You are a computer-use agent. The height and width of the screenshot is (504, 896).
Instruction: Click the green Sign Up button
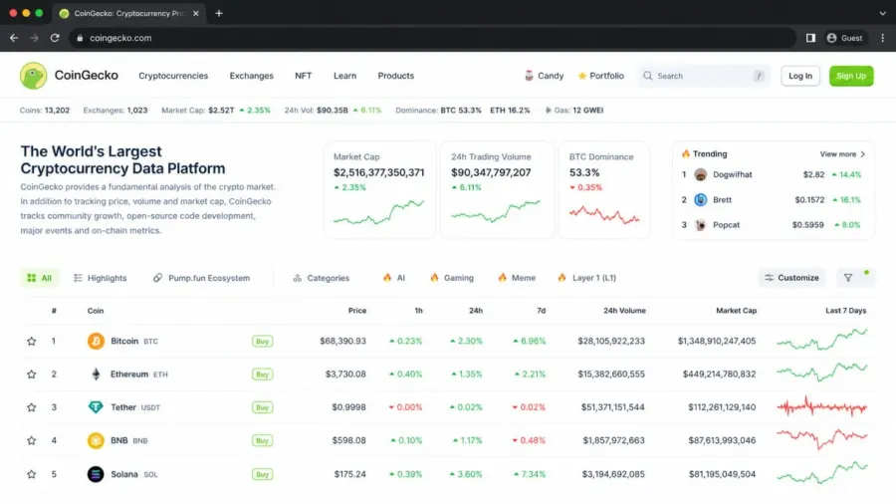point(851,76)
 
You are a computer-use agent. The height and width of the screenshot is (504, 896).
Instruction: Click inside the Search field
point(704,76)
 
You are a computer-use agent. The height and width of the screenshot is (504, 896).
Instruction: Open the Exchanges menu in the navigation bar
point(252,76)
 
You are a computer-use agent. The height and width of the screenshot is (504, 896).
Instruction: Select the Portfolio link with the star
point(600,76)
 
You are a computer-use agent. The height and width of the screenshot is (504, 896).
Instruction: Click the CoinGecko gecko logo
point(33,76)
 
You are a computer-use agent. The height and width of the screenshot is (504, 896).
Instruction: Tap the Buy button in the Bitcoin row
point(262,341)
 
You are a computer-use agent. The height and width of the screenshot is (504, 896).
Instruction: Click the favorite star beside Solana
point(32,474)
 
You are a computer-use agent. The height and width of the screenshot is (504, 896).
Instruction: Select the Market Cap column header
point(736,311)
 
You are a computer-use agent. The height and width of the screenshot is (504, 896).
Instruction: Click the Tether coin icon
point(96,406)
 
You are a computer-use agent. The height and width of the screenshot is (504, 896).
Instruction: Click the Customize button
point(792,278)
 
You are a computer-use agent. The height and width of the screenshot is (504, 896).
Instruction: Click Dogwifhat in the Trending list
point(732,175)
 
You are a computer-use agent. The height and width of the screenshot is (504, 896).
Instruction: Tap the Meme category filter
point(517,278)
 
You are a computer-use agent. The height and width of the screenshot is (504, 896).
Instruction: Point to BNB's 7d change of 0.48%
point(529,440)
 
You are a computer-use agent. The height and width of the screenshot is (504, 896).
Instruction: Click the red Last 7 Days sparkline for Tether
point(821,406)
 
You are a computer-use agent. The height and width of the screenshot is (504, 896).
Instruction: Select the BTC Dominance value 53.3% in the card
point(584,172)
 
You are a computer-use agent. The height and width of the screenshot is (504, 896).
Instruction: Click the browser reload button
point(55,38)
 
